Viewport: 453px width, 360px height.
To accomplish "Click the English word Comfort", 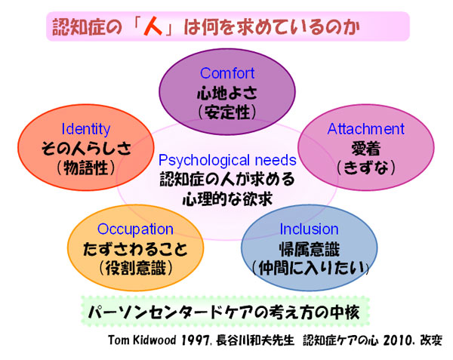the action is click(227, 73).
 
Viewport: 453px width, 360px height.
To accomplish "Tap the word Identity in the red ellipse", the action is click(86, 129).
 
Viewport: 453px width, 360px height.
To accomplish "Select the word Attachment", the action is click(365, 129).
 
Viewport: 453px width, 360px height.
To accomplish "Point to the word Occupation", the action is click(135, 229).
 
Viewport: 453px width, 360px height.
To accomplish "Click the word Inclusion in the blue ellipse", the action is click(309, 229).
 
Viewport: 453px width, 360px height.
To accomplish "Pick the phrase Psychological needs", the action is click(227, 161).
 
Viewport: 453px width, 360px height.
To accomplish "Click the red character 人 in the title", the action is click(153, 27).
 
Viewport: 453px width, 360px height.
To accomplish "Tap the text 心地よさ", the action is click(227, 93).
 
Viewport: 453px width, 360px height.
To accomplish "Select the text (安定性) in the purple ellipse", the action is click(227, 112).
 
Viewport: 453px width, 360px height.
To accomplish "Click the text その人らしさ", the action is click(86, 149).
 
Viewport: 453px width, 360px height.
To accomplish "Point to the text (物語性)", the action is click(86, 168).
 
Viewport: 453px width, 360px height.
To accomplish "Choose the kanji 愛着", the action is click(365, 149).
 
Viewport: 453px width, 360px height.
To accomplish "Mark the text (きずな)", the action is click(365, 168).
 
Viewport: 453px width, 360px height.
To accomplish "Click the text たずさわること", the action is click(135, 249).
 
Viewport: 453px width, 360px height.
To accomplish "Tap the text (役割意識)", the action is click(135, 268).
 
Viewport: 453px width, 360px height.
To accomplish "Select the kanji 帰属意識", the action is click(309, 249).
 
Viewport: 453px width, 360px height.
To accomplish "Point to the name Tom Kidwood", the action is click(142, 340).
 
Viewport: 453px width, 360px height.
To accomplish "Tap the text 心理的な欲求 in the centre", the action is click(227, 199).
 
